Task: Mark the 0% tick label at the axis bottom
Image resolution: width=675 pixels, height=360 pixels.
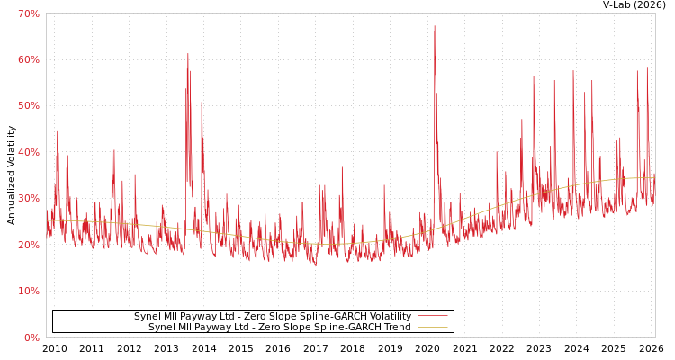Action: (31, 337)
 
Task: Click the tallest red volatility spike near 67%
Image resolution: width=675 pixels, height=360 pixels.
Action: (434, 26)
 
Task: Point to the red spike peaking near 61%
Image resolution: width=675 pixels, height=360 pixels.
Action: (188, 54)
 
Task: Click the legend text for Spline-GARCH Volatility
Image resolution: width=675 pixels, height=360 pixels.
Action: (272, 317)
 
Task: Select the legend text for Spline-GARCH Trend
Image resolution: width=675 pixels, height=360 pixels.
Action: (279, 328)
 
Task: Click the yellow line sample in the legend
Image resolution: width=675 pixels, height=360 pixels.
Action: (432, 328)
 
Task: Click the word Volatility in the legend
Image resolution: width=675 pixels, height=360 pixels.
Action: (388, 317)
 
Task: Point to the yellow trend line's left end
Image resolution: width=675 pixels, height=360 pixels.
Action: (48, 220)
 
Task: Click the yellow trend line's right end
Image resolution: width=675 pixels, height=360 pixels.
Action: (653, 177)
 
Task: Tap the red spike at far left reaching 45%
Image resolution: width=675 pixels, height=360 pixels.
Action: (58, 132)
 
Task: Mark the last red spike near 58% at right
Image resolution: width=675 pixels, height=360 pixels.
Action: (646, 69)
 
